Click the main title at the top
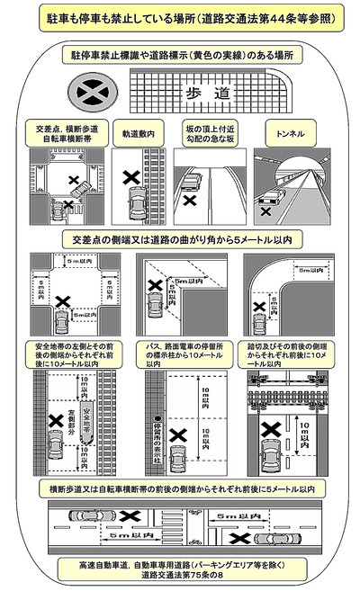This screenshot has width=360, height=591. pyautogui.click(x=180, y=19)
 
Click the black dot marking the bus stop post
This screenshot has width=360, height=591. pyautogui.click(x=157, y=418)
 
